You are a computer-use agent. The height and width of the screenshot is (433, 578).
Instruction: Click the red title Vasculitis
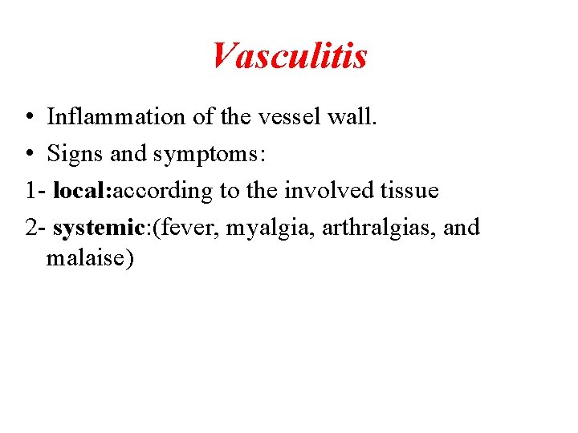(289, 55)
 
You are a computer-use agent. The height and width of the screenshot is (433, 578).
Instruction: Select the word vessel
(285, 117)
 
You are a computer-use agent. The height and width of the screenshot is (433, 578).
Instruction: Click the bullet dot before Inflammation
(28, 118)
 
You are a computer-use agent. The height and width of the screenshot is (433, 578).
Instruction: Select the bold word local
(83, 191)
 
